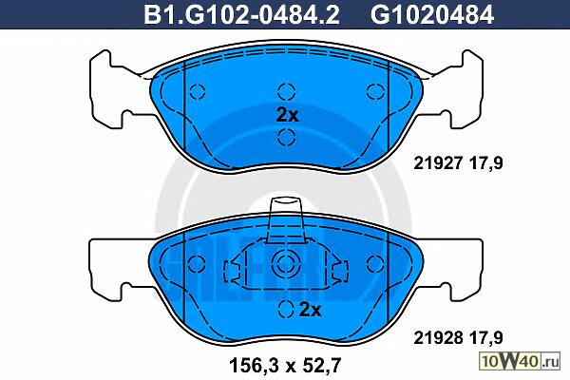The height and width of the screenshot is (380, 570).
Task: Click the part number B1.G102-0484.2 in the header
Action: tap(241, 14)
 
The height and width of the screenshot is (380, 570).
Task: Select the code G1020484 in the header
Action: tap(432, 14)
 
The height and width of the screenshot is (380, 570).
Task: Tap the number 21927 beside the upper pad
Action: tap(438, 162)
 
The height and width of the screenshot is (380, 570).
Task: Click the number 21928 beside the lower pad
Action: tap(438, 338)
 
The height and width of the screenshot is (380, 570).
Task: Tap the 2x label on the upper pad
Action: tap(287, 116)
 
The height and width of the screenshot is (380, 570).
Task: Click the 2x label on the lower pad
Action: tap(310, 310)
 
